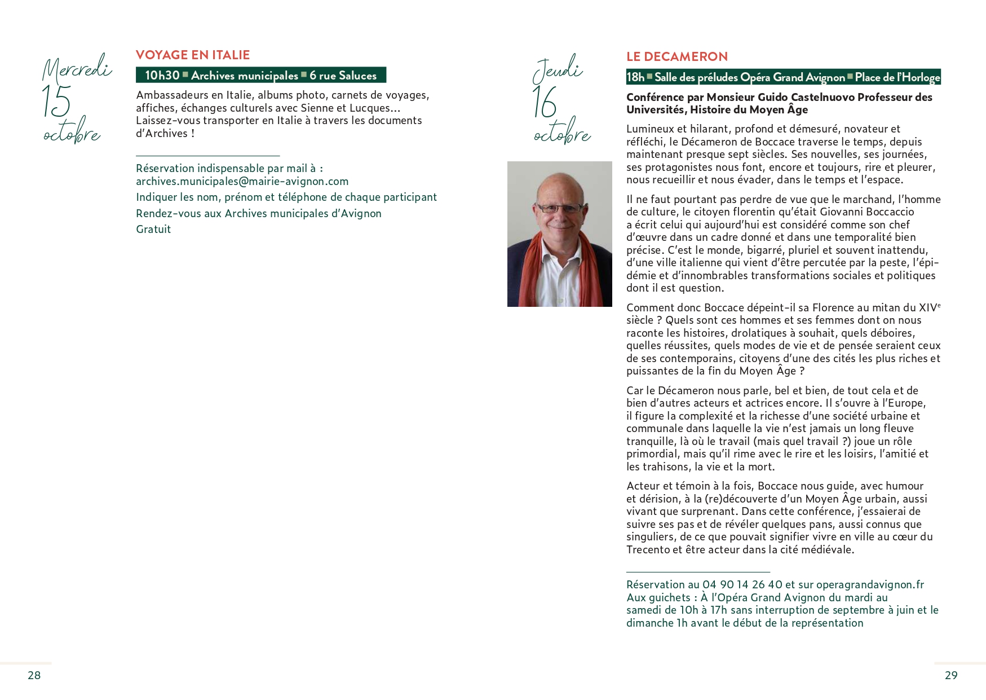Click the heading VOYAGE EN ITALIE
192,55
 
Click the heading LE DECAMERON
677,56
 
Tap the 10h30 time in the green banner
162,76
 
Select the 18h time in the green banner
635,77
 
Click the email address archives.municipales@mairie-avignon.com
242,182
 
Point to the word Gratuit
153,230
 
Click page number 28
34,675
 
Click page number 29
950,675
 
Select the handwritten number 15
56,102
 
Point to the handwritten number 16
545,103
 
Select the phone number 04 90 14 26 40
742,585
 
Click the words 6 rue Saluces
343,76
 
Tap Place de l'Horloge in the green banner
897,77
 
